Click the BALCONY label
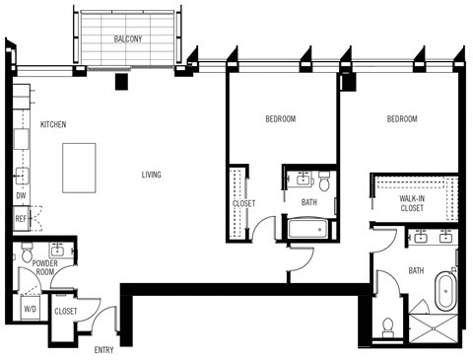tap(129, 39)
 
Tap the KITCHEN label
tap(53, 125)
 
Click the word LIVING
tap(151, 176)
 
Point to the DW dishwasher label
tap(21, 195)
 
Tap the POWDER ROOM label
tap(44, 268)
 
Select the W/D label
tap(30, 308)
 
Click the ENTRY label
tap(103, 350)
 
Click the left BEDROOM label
tap(281, 119)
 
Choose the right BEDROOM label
tap(401, 119)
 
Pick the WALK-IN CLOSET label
tap(411, 203)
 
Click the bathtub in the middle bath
tap(309, 231)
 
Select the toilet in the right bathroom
tap(388, 326)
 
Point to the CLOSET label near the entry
tap(66, 311)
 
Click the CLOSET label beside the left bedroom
tap(244, 203)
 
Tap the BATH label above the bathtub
tap(309, 203)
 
